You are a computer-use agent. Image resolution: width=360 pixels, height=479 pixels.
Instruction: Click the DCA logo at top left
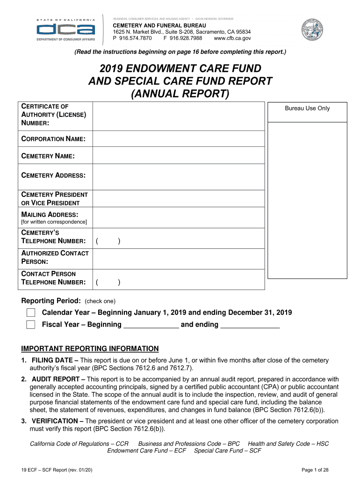point(66,30)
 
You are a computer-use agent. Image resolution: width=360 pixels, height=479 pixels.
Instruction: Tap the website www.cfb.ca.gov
point(232,38)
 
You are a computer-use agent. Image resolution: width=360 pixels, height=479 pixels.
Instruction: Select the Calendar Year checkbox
point(31,312)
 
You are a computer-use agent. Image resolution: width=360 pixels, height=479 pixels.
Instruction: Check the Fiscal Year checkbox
point(31,325)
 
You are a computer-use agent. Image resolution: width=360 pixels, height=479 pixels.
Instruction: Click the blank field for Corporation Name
point(179,139)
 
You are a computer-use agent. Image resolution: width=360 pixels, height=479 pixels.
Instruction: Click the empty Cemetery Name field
point(179,156)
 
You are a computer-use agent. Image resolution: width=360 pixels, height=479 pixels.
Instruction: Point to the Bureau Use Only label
point(307,109)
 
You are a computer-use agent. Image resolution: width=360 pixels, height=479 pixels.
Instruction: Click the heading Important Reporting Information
point(90,349)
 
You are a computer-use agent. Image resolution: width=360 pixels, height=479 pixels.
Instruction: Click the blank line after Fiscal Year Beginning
point(151,325)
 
